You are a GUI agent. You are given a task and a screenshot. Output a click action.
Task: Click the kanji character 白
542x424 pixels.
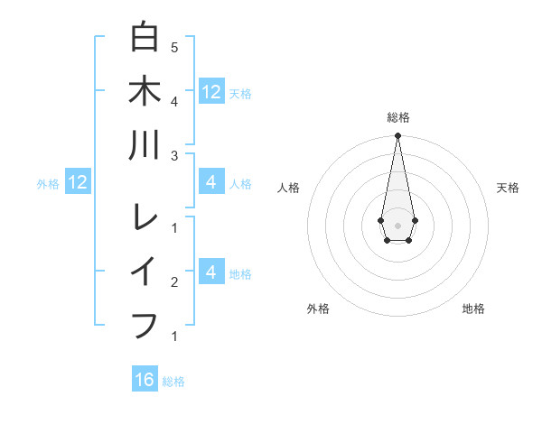145,39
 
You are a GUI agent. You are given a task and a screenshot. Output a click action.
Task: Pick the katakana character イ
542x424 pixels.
145,271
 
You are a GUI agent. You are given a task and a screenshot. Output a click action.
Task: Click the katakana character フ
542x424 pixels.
145,323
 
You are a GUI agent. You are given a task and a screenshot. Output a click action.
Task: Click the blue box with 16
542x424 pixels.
145,380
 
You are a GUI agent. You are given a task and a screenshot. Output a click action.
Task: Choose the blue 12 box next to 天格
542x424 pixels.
211,91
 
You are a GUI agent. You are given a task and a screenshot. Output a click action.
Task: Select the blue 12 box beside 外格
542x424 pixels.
77,183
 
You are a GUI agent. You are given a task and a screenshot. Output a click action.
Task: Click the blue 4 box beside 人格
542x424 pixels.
211,183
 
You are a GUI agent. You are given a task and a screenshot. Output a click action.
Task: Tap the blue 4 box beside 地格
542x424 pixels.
211,272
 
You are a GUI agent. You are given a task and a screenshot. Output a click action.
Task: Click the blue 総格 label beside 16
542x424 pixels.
173,382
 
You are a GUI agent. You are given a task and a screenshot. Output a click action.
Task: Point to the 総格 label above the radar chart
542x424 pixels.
397,117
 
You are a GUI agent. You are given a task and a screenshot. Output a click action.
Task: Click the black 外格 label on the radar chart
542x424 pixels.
318,309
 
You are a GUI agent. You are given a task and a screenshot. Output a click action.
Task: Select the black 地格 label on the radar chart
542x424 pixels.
473,309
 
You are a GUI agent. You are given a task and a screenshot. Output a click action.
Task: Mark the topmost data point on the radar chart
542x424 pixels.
397,136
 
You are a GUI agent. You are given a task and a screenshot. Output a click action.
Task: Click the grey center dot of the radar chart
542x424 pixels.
397,224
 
